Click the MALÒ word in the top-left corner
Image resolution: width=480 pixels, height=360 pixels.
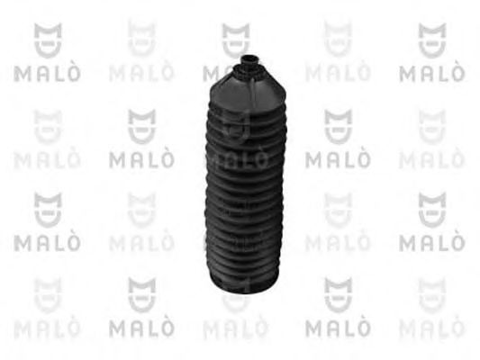47,74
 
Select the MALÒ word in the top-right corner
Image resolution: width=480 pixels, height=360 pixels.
432,74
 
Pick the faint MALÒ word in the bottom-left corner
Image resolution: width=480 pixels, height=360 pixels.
47,328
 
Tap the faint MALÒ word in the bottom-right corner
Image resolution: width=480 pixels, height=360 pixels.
432,328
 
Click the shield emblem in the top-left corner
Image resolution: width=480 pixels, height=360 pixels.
48,40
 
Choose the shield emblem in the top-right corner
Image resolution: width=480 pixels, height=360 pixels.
432,40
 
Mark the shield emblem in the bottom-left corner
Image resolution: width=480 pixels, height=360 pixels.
48,295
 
